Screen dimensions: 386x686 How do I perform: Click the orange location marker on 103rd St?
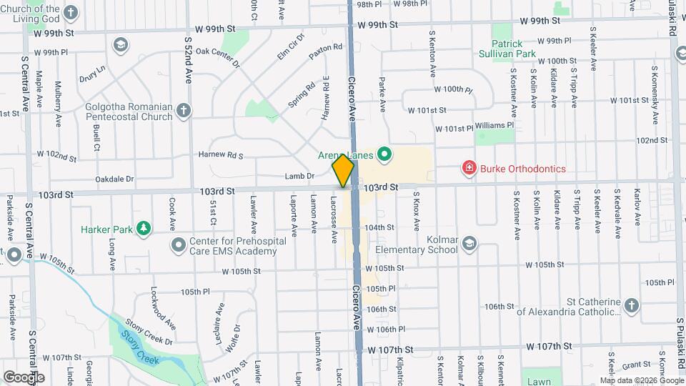point(343,171)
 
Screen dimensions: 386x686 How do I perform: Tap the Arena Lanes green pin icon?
point(384,154)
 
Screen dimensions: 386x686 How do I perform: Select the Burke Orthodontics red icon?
point(469,169)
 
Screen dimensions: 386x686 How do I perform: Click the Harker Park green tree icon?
point(145,229)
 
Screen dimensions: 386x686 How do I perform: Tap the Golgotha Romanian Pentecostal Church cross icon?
point(184,110)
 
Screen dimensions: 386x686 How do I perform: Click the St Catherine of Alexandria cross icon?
point(630,306)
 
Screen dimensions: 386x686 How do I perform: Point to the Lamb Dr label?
point(300,176)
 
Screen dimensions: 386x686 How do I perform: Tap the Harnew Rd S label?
point(221,154)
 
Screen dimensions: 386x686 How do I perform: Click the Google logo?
point(24,377)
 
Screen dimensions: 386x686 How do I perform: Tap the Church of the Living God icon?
point(71,12)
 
